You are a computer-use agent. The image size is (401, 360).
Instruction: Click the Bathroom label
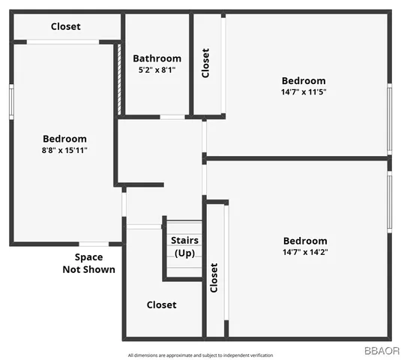(x=157, y=58)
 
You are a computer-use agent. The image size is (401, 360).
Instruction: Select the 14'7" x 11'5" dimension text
(x=304, y=92)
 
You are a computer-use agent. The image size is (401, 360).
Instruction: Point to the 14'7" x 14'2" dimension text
(x=305, y=252)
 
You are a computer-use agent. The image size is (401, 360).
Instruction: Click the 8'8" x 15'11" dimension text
(x=64, y=150)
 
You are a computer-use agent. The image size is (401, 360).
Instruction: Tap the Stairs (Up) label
(x=184, y=247)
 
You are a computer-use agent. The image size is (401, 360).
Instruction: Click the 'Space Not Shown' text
(x=88, y=263)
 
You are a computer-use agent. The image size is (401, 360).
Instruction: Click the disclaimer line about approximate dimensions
(x=200, y=355)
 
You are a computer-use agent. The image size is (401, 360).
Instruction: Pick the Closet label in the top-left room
(x=65, y=27)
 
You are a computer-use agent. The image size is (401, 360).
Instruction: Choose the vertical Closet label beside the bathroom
(x=206, y=63)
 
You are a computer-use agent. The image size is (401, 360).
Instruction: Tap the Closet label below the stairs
(x=161, y=304)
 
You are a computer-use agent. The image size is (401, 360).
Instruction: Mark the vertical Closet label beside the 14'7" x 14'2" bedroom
(x=214, y=277)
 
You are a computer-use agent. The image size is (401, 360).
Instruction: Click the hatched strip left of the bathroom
(x=118, y=79)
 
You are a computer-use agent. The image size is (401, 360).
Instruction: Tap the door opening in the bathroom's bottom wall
(x=173, y=117)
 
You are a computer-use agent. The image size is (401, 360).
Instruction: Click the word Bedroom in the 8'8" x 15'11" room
(x=64, y=139)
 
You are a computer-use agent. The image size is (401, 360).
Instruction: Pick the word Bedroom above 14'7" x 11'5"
(x=304, y=81)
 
